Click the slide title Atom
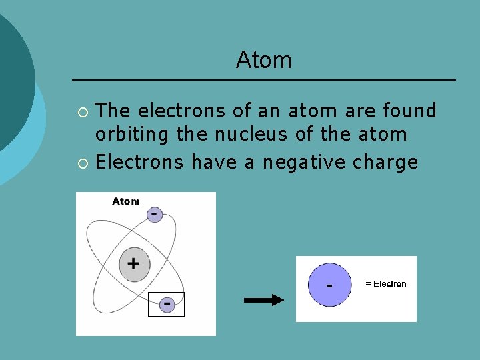(x=263, y=61)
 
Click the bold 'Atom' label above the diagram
(x=126, y=201)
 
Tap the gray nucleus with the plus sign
(x=134, y=263)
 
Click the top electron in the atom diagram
(x=154, y=214)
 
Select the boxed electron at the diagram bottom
(x=166, y=304)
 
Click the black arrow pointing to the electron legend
(x=264, y=300)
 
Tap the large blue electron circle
(x=329, y=285)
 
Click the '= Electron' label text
(x=385, y=284)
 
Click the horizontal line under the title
(x=263, y=80)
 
